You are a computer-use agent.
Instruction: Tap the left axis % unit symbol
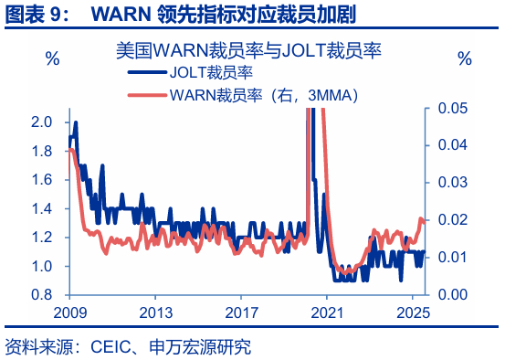pos(52,59)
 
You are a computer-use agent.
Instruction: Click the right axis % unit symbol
pos(465,59)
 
